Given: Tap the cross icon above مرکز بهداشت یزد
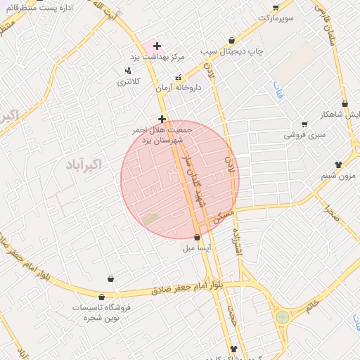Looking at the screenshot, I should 157,46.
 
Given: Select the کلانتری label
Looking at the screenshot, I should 128,81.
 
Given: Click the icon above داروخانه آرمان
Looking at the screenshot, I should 178,77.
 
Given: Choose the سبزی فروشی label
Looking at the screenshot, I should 304,134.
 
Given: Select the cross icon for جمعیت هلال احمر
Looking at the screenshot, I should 162,119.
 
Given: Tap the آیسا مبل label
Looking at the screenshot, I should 197,247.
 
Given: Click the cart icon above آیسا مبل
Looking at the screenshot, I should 197,237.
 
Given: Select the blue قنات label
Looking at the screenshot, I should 278,90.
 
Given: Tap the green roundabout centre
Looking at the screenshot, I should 283,317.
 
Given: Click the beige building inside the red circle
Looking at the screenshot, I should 151,219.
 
